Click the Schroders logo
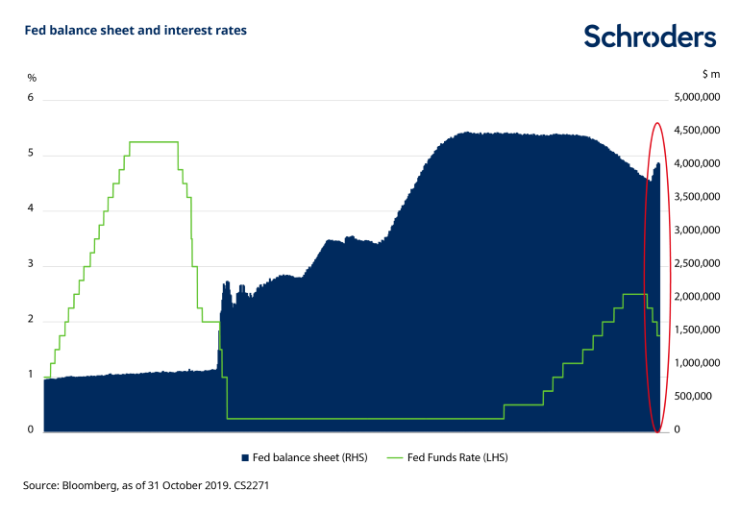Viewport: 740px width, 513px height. (x=650, y=37)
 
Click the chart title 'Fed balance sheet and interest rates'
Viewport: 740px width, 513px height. (x=135, y=31)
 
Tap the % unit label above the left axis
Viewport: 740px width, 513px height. (x=31, y=77)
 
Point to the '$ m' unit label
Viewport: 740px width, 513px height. (x=712, y=73)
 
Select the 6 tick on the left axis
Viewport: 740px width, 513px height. (x=31, y=98)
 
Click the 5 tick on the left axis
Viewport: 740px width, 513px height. (x=31, y=154)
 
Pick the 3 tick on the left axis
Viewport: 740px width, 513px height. (x=31, y=264)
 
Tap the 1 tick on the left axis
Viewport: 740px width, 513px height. (x=31, y=375)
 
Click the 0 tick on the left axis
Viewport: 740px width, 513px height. (x=31, y=430)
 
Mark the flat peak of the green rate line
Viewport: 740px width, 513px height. (x=154, y=142)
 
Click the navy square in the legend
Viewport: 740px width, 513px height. (x=244, y=458)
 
